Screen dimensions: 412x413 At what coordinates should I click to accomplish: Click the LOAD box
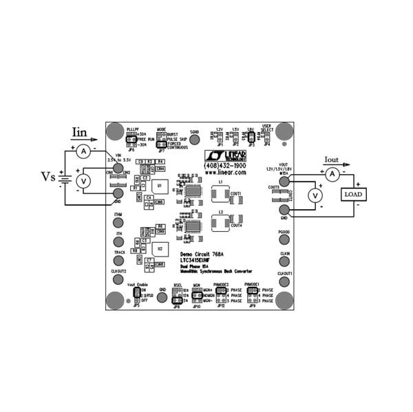click(x=353, y=195)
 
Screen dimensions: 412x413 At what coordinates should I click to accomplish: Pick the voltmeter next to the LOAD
click(x=315, y=195)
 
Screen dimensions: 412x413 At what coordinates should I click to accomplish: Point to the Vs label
click(x=47, y=177)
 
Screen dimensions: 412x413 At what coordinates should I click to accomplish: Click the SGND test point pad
click(x=194, y=140)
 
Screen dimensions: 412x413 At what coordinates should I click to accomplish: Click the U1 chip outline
click(x=160, y=186)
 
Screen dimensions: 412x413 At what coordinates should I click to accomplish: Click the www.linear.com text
click(x=225, y=173)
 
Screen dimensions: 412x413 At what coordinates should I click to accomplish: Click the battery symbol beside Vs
click(x=65, y=179)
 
